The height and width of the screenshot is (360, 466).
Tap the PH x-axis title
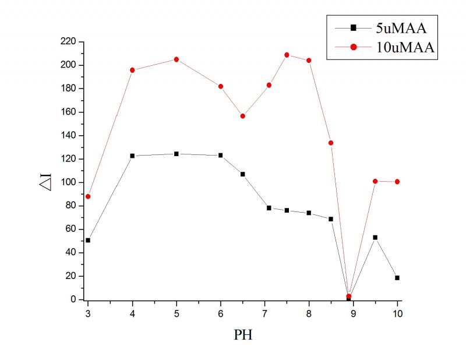click(x=243, y=336)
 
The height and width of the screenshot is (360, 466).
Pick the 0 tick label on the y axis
click(x=73, y=299)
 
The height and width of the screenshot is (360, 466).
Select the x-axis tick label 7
click(x=265, y=312)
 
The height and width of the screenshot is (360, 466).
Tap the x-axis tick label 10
click(x=397, y=312)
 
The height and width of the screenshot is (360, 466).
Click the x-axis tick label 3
click(x=88, y=312)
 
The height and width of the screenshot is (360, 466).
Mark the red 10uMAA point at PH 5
click(x=176, y=59)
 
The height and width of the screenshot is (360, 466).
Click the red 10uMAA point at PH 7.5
click(x=287, y=55)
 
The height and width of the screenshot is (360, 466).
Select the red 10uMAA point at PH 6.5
click(x=243, y=116)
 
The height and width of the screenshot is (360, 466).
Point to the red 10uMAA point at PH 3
click(x=88, y=196)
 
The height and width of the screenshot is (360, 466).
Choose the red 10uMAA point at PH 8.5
click(x=331, y=143)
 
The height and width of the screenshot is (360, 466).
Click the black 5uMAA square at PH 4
click(x=132, y=156)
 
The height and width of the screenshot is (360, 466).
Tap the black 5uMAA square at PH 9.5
click(x=375, y=237)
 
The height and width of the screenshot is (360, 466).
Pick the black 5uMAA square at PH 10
click(x=397, y=278)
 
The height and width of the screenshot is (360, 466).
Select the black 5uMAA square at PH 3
click(x=88, y=240)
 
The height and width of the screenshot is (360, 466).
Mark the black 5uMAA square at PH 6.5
click(x=243, y=174)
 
